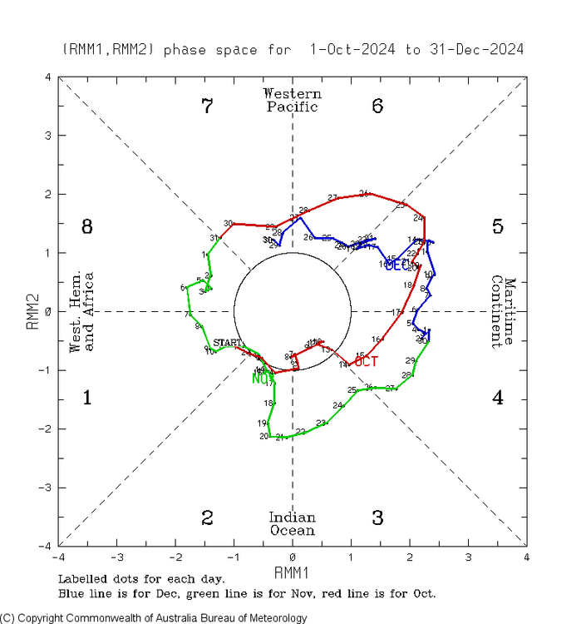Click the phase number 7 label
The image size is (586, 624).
point(208,106)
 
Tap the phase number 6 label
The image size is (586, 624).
point(377,106)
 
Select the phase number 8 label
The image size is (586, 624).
point(86,226)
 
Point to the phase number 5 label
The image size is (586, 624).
point(497,226)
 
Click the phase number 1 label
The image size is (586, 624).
point(86,398)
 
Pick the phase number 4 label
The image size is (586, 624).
point(497,398)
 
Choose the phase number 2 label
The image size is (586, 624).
point(208,518)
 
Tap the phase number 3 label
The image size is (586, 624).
point(377,518)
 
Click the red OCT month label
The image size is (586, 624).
point(367,361)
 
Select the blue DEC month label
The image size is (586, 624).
point(398,265)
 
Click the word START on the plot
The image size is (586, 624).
point(227,343)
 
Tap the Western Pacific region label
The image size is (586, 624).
point(292,100)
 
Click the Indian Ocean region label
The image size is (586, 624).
point(292,524)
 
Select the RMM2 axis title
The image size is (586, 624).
point(33,311)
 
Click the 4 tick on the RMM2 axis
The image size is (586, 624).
point(49,77)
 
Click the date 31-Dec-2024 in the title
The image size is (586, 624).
point(476,50)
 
